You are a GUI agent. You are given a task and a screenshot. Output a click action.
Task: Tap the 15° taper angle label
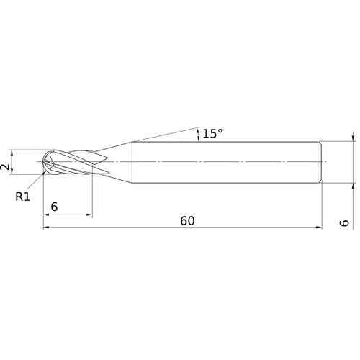(x=212, y=134)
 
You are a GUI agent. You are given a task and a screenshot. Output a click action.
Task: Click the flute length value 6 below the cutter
(x=55, y=207)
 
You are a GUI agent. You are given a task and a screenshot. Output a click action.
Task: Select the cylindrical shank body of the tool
(x=223, y=162)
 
